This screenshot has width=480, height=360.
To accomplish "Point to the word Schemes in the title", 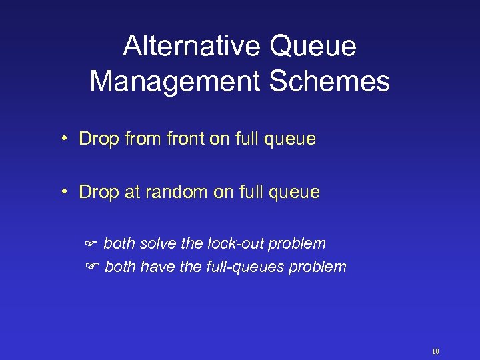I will (343, 81).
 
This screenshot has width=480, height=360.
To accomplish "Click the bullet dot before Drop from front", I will (65, 139).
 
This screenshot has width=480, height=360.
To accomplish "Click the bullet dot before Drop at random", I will (65, 192).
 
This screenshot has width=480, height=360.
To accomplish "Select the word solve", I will (157, 244).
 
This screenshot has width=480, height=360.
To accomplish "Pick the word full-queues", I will (241, 268).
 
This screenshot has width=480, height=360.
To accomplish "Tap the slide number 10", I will (435, 351).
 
